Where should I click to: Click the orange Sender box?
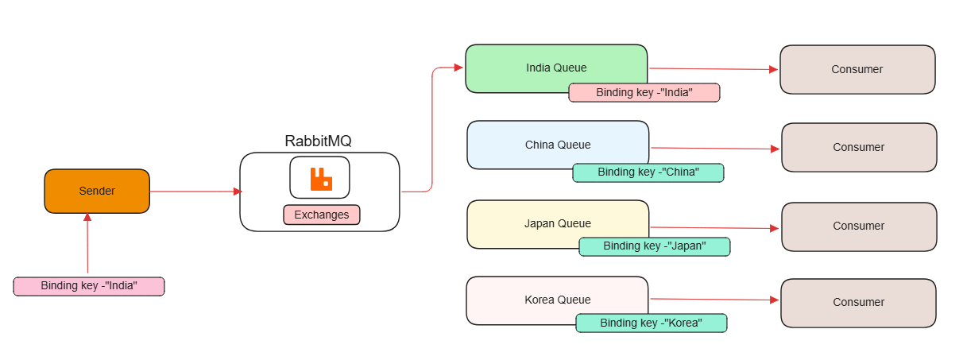(97, 191)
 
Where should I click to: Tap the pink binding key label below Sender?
(89, 286)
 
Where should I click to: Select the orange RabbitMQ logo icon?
(321, 179)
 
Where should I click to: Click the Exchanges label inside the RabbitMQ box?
(321, 215)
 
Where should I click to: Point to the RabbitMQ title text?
(318, 141)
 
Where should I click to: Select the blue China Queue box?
(558, 144)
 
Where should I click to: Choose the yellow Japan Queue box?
(558, 223)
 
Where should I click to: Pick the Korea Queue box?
(557, 299)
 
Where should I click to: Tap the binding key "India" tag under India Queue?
(644, 93)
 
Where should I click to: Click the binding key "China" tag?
(648, 172)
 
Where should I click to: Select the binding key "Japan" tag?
(654, 246)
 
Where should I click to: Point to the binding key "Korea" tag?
(651, 323)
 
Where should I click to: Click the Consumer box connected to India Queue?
(857, 69)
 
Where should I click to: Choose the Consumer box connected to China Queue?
(859, 147)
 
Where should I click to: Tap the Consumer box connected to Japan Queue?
(859, 226)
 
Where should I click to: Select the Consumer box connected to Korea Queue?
(858, 302)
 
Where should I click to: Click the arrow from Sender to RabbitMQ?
(195, 192)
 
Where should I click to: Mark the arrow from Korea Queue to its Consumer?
(714, 300)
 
